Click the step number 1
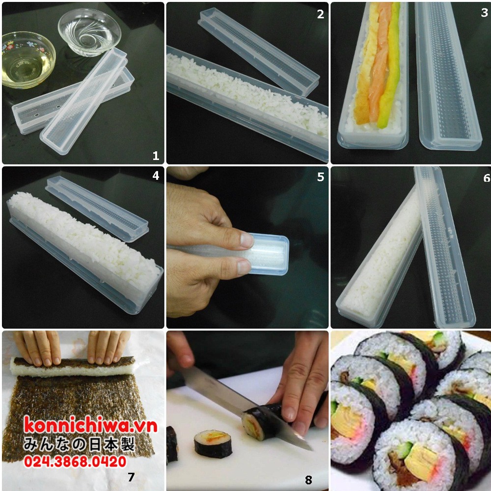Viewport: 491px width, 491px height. tap(156, 155)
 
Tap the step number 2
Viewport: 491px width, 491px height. tap(320, 14)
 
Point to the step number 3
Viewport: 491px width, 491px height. tap(484, 13)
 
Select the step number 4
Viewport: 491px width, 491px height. tap(156, 176)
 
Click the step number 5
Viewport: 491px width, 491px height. tap(320, 177)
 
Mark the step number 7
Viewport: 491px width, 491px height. tap(131, 477)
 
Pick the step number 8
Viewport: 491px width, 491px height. tap(308, 480)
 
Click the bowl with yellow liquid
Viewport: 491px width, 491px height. tap(28, 59)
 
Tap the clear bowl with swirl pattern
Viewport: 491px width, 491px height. tap(89, 31)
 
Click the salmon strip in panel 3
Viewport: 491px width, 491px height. tap(380, 63)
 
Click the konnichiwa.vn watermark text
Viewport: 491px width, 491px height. tap(90, 425)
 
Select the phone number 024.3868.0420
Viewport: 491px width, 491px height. tap(75, 462)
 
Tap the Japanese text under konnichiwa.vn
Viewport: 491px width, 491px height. tap(79, 444)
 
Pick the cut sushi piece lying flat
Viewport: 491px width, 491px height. tap(213, 444)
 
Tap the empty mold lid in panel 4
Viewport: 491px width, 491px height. tap(97, 208)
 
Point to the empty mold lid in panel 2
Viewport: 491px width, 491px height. tap(259, 51)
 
